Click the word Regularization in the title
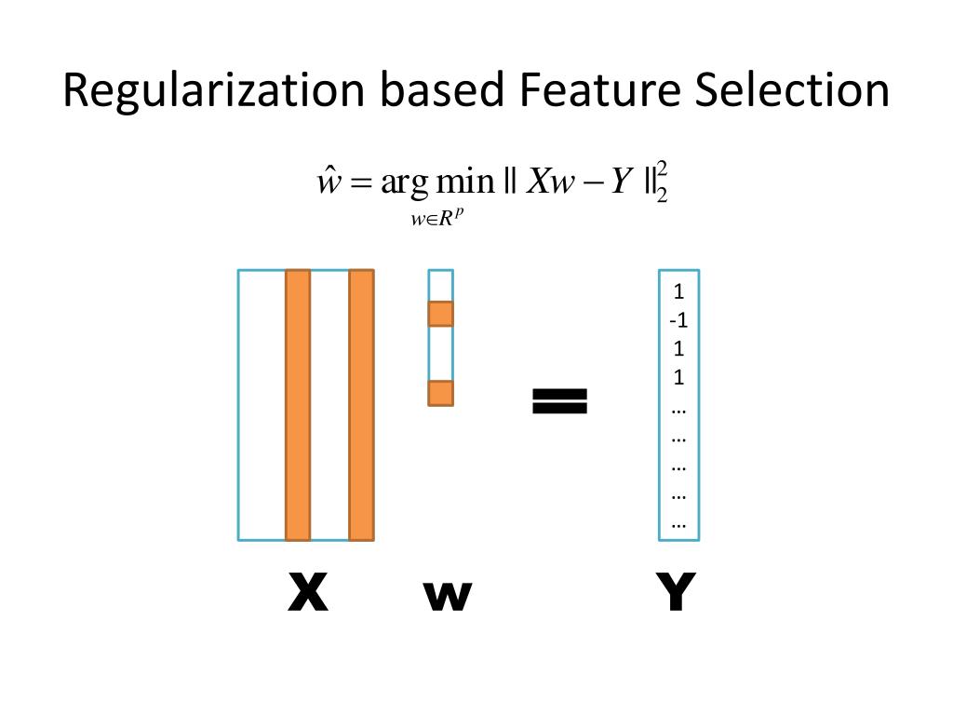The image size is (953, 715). pos(213,91)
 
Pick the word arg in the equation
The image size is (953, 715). pos(401,182)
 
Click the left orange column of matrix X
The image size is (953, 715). pos(297,405)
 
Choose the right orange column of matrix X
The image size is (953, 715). pos(361,405)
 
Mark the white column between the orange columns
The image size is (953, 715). pos(329,405)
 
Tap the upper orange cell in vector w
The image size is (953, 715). pos(440,314)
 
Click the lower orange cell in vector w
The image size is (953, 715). pos(440,393)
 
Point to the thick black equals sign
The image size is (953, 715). pos(559,401)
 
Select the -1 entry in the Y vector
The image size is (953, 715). pos(678,320)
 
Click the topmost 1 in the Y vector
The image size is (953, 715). pos(678,291)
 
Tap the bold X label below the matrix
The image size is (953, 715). pos(307,592)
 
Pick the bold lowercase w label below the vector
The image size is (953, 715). pos(448,596)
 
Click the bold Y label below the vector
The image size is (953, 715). pos(676,592)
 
